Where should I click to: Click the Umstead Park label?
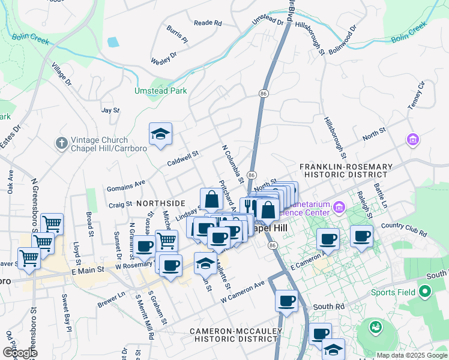click(160, 91)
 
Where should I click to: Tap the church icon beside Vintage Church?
click(61, 143)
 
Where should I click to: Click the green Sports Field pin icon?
click(426, 293)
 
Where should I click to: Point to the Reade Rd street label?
click(208, 23)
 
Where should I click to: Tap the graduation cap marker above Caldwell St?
click(160, 134)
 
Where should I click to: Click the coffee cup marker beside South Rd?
click(287, 300)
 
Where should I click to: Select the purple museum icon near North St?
click(412, 140)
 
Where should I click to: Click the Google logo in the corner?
click(20, 353)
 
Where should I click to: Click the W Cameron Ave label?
click(243, 292)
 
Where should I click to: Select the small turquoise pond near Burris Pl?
click(112, 43)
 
